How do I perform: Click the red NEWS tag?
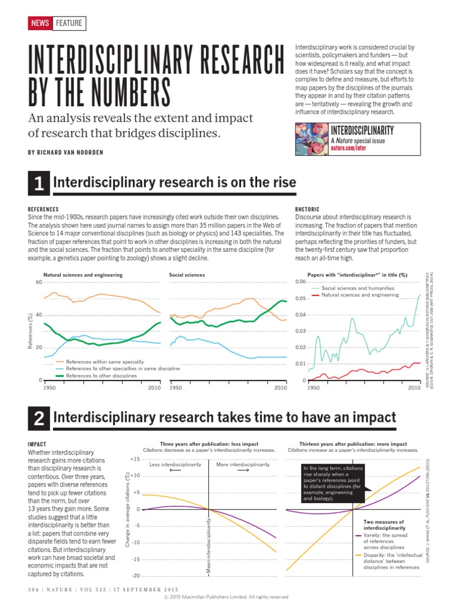point(40,24)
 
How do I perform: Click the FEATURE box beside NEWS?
point(68,24)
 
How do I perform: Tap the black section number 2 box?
point(38,419)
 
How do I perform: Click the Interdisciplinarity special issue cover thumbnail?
point(310,139)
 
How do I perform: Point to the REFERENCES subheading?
point(44,209)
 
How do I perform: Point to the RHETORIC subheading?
point(307,209)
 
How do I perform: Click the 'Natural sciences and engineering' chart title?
point(83,275)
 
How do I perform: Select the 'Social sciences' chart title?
point(187,275)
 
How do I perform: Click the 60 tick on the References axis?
point(38,283)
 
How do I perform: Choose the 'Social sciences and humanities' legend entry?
point(357,287)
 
